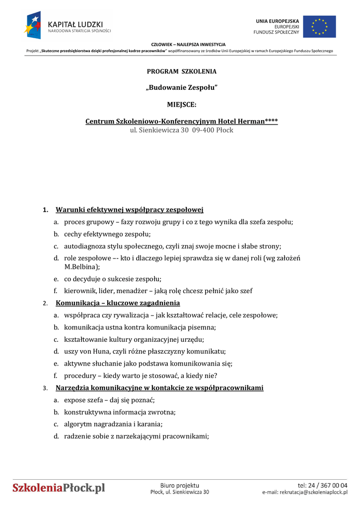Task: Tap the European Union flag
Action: [x=319, y=27]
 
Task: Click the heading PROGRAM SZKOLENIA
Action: [x=181, y=71]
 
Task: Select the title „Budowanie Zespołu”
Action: [x=181, y=88]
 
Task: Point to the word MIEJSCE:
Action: [x=181, y=105]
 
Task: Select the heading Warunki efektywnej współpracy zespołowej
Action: [x=130, y=210]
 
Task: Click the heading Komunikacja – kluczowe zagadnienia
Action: [x=118, y=303]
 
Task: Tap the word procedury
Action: [x=79, y=376]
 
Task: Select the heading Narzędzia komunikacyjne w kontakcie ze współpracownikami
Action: [x=159, y=388]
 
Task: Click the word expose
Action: [x=75, y=400]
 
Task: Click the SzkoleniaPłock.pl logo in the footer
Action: [x=59, y=488]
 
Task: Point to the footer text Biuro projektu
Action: [x=179, y=485]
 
